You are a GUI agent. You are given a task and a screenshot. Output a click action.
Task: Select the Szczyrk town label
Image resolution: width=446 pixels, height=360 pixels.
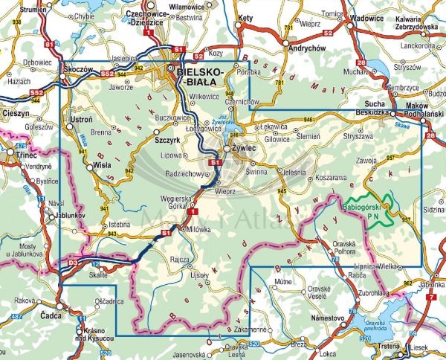point(167,138)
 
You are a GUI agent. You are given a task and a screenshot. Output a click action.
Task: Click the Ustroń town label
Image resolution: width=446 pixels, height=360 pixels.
point(81,120)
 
